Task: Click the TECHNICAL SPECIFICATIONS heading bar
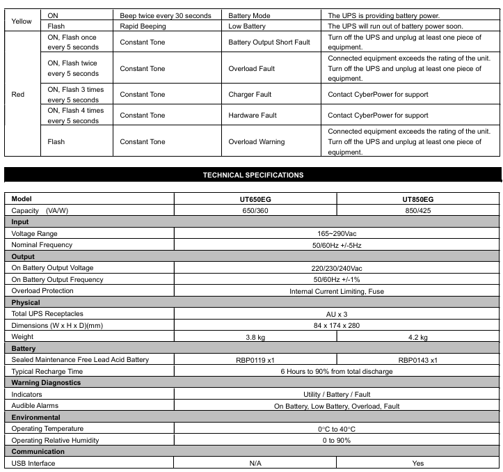[253, 175]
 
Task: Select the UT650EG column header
[255, 199]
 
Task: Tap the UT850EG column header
[417, 199]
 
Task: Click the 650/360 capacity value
[255, 210]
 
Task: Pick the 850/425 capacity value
[417, 210]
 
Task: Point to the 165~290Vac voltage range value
[337, 233]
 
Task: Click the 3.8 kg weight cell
[255, 337]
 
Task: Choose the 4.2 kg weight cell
[417, 337]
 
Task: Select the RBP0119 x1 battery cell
[255, 360]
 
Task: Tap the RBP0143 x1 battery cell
[417, 360]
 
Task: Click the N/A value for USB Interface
[255, 463]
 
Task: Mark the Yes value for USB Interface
[417, 463]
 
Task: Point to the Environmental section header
[35, 417]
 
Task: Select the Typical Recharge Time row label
[47, 371]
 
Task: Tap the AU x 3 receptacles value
[337, 314]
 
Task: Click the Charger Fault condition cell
[250, 95]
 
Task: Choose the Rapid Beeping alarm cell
[143, 26]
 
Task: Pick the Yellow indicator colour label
[22, 21]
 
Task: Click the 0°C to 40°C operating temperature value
[337, 429]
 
